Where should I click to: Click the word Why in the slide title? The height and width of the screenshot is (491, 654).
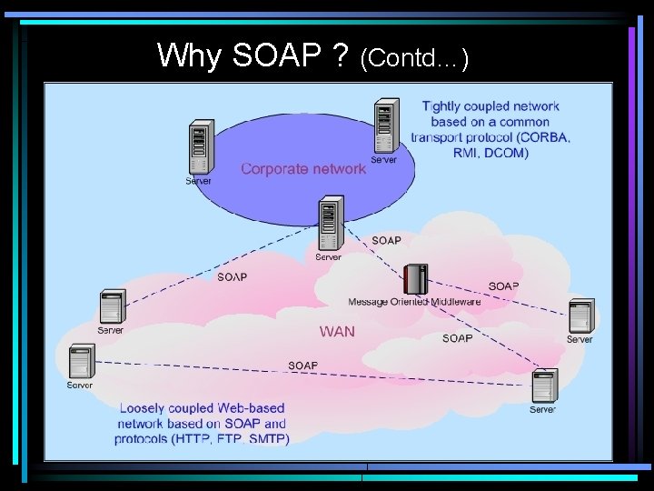tap(189, 56)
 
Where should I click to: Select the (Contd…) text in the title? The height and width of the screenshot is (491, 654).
tap(414, 60)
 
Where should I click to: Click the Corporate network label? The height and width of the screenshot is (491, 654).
tap(302, 168)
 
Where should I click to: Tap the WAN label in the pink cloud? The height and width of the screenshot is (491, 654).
tap(337, 332)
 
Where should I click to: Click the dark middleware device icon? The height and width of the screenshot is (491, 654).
tap(415, 278)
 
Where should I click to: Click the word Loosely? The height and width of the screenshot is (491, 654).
tap(150, 408)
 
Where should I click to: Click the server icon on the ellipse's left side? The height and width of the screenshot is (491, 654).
tap(199, 146)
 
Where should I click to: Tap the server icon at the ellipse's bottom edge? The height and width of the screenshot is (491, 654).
tap(330, 225)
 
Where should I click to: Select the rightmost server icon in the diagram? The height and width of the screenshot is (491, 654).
tap(580, 316)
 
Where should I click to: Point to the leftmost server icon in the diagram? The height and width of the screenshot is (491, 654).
tap(81, 361)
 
